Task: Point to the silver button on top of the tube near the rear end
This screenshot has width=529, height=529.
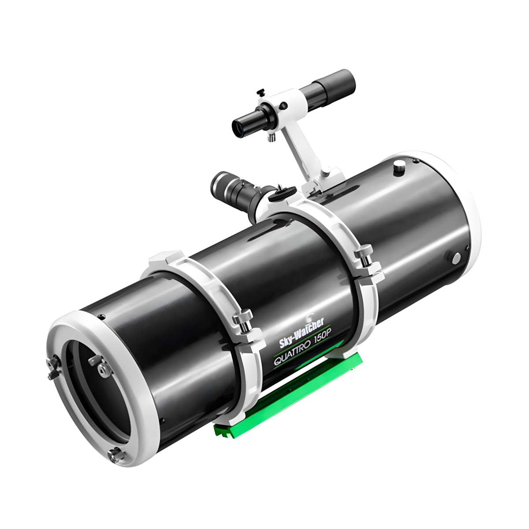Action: [x=399, y=167]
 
